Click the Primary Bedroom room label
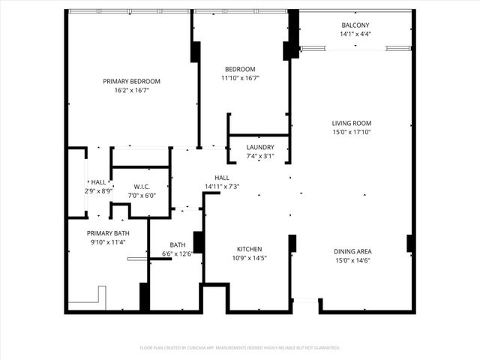tap(132, 81)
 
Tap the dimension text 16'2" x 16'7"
tap(132, 90)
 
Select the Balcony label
tap(355, 25)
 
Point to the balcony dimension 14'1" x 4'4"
tap(355, 34)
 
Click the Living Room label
tap(352, 123)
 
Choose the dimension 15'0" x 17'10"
tap(352, 132)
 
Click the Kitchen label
tap(248, 249)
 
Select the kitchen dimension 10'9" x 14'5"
tap(248, 258)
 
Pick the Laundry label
tap(260, 147)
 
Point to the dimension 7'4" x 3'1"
tap(260, 156)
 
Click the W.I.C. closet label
tap(144, 187)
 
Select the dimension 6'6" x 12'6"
tap(177, 253)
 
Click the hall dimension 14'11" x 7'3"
tap(222, 186)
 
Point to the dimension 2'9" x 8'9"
tap(98, 191)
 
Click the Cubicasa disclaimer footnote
tap(240, 347)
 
